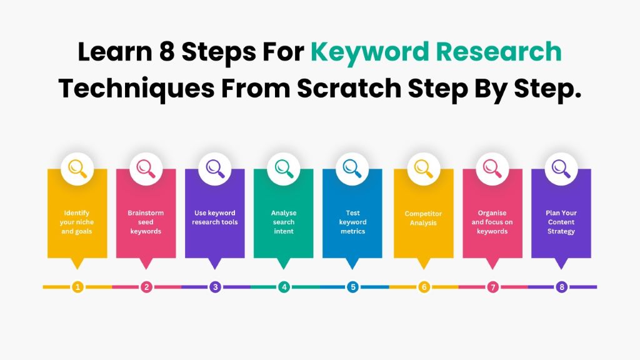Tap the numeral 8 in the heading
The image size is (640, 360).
point(166,52)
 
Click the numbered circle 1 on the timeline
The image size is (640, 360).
point(77,287)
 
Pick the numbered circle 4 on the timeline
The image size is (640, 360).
point(284,287)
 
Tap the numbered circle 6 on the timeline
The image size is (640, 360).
point(424,287)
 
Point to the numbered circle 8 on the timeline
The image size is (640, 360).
point(561,287)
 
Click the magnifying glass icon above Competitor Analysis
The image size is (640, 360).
point(423,168)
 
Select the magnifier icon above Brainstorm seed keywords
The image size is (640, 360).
point(146,168)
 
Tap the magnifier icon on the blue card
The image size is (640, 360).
point(352,168)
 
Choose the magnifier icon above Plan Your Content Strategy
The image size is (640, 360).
point(561,168)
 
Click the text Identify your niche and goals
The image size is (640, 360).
point(77,222)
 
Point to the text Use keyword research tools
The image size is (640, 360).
point(214,217)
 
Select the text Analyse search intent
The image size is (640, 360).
point(283,222)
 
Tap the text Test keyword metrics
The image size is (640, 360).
point(352,222)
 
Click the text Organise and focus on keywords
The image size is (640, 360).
point(492,222)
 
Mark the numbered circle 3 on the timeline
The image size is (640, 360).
point(215,287)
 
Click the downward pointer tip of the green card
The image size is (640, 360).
point(284,268)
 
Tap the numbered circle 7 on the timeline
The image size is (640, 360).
point(492,287)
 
